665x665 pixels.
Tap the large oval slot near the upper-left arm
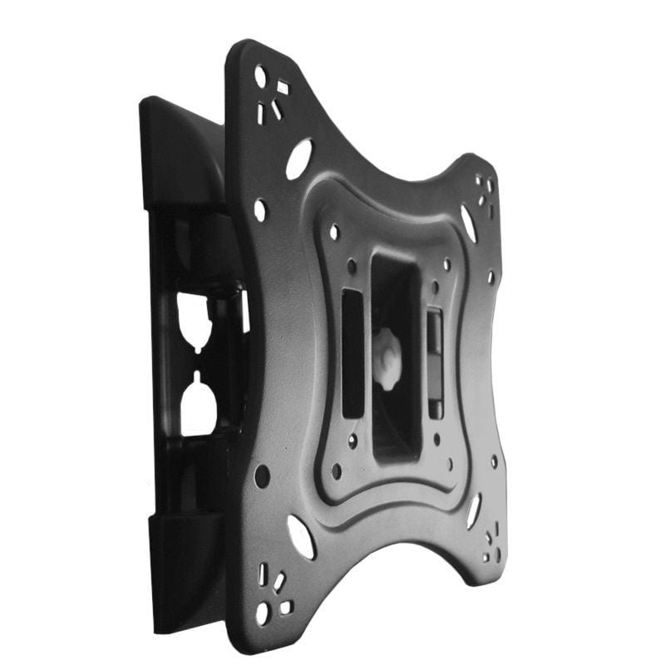[298, 158]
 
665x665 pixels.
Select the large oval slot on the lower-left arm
[301, 536]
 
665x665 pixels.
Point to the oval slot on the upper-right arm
[469, 223]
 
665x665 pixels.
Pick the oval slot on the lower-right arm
[474, 510]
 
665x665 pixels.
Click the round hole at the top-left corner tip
[260, 76]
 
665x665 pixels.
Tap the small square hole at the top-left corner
[283, 86]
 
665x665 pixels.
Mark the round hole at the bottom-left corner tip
[263, 613]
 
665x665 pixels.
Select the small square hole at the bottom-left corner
[285, 607]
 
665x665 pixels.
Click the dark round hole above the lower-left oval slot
[262, 475]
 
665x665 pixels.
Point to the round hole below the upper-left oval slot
[260, 209]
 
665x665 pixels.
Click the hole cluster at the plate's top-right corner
[484, 191]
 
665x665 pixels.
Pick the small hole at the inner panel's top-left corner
[333, 232]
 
